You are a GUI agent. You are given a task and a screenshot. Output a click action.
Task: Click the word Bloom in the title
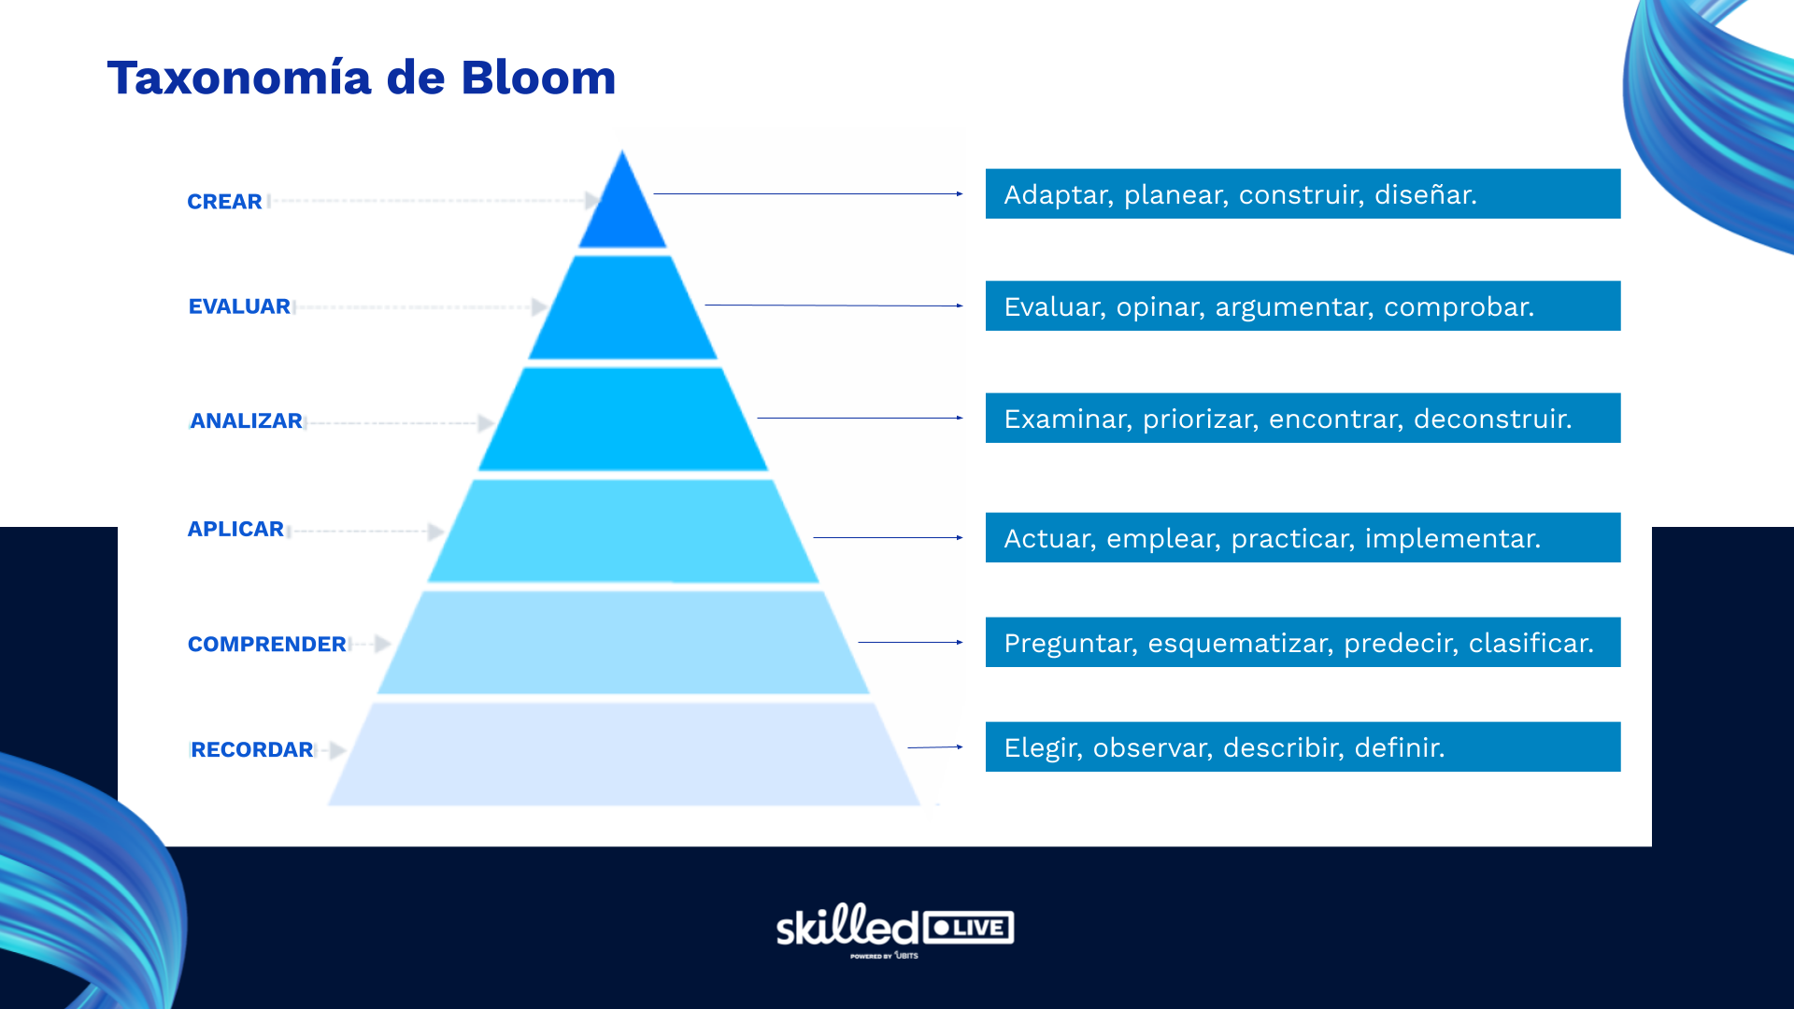(538, 78)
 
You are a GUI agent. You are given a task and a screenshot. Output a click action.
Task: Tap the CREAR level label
(224, 202)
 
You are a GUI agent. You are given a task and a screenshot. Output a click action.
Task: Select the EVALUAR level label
(239, 306)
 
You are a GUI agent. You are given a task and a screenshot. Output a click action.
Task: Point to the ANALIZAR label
(246, 421)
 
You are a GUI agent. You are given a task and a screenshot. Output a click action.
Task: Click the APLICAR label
(235, 530)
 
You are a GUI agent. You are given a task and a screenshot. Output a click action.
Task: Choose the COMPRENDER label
(266, 645)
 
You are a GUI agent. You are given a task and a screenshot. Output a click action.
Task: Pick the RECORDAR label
(252, 750)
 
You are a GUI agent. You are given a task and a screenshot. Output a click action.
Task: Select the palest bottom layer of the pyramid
(622, 755)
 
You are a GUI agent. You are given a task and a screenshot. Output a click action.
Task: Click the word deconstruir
(1492, 419)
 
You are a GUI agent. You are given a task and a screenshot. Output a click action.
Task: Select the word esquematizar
(1239, 644)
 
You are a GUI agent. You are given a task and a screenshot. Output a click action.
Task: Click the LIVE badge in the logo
(968, 928)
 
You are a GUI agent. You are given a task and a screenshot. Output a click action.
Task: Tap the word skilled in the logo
(847, 927)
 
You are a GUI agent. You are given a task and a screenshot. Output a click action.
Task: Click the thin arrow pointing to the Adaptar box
(807, 194)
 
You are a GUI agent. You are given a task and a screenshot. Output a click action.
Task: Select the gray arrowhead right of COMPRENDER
(382, 644)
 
